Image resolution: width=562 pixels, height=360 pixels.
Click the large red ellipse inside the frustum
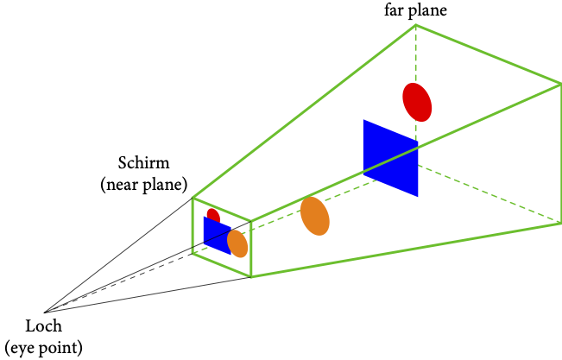(x=417, y=101)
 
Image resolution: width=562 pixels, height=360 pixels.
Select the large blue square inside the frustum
(x=390, y=158)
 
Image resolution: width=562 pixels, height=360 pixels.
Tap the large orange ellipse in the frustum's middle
(x=315, y=216)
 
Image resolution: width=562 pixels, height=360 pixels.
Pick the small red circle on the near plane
(x=212, y=214)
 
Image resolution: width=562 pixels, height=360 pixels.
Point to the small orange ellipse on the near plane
(x=237, y=243)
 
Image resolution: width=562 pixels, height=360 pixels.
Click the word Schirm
(x=143, y=164)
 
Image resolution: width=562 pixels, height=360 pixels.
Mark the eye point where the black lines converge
(x=44, y=312)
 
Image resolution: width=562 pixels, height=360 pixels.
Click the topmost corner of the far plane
(x=416, y=25)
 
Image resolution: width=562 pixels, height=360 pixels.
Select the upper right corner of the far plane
(x=560, y=84)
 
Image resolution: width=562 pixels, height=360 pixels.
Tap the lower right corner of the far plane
(x=560, y=224)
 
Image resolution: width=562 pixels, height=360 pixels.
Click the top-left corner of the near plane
(x=193, y=198)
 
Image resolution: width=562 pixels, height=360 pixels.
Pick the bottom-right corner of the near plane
(x=251, y=276)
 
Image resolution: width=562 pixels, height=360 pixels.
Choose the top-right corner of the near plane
(x=251, y=221)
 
